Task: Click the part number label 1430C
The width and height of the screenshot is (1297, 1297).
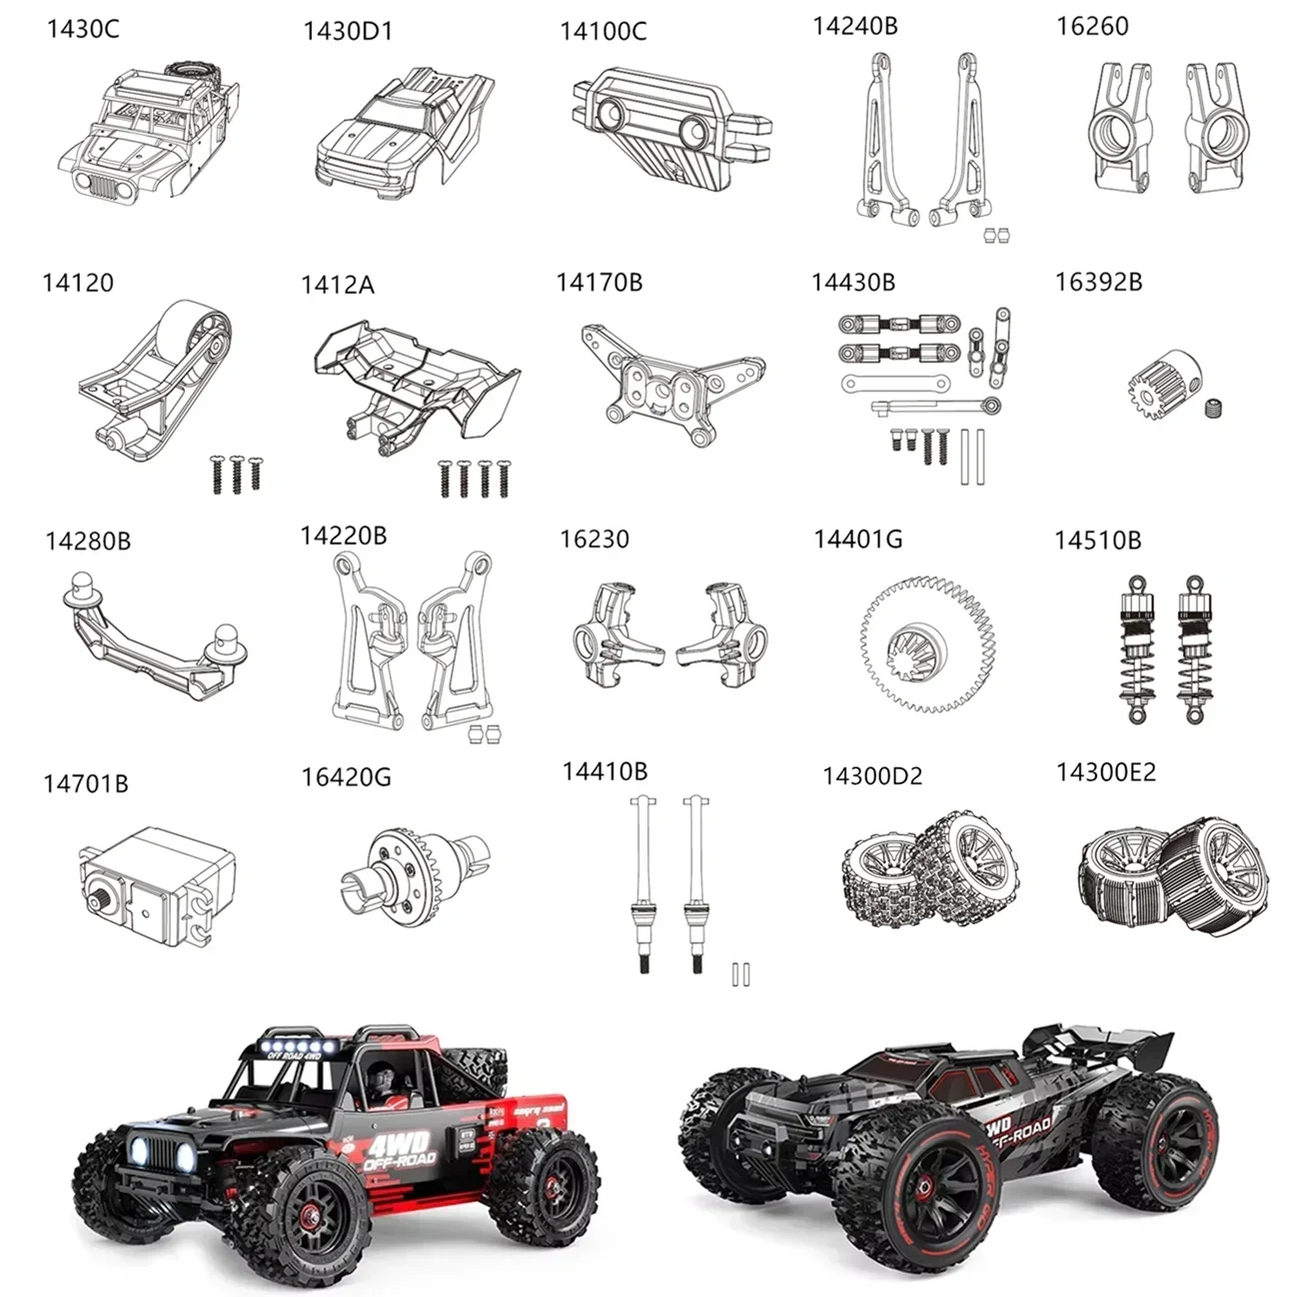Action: (x=82, y=29)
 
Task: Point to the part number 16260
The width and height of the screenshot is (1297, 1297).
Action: (x=1092, y=27)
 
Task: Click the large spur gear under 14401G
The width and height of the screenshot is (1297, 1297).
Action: (x=928, y=644)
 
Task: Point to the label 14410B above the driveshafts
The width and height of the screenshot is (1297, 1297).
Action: (x=604, y=771)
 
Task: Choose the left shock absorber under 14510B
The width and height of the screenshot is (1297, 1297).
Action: (x=1137, y=649)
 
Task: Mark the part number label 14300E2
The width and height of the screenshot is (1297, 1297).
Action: (x=1105, y=772)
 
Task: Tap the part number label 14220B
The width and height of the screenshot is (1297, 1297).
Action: (x=343, y=537)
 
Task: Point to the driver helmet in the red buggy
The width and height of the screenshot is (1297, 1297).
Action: (x=381, y=1080)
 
